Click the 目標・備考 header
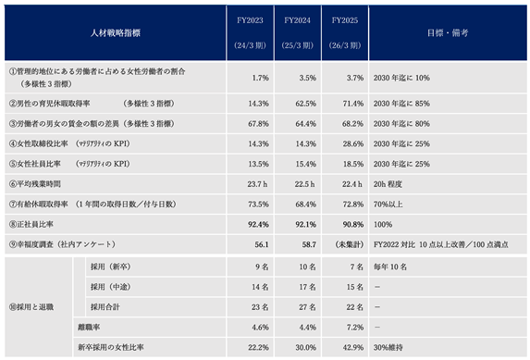point(448,32)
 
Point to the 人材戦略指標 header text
point(116,32)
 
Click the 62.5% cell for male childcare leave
point(306,104)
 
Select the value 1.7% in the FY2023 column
point(261,78)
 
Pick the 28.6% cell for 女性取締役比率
point(353,143)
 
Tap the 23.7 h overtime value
point(257,184)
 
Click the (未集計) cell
point(349,244)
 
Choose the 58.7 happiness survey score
point(309,244)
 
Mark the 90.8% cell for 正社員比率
point(353,224)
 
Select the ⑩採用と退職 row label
point(31,307)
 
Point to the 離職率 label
point(89,328)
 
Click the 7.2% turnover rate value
point(355,328)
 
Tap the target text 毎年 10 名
point(390,267)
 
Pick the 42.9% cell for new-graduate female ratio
point(353,347)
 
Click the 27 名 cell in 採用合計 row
point(307,307)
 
